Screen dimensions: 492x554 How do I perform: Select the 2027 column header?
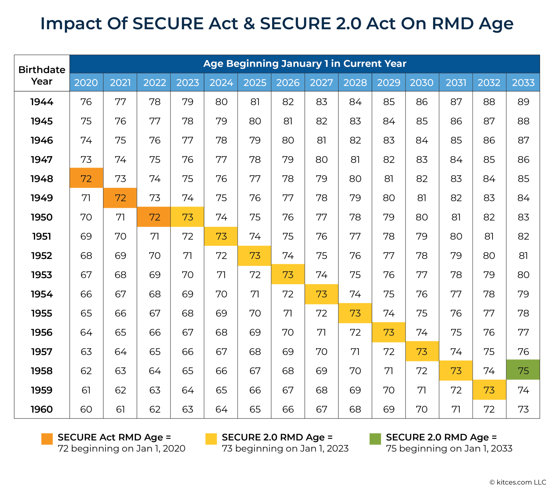point(321,82)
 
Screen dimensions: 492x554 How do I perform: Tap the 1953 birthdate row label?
point(41,275)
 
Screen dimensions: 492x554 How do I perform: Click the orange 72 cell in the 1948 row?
point(86,178)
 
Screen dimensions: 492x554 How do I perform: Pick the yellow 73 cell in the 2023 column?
point(187,217)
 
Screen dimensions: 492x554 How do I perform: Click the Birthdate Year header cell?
point(42,75)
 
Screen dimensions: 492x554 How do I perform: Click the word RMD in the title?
point(453,23)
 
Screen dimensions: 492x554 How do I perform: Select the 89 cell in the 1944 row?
point(523,102)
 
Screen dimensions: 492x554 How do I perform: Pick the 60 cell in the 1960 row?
point(86,409)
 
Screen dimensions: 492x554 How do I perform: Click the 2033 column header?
point(523,82)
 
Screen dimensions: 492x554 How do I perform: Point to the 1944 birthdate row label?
point(42,102)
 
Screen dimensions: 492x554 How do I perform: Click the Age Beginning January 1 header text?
point(305,64)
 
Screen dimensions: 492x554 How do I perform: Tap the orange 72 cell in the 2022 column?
point(154,217)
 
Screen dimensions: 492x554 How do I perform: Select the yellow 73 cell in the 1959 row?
point(489,390)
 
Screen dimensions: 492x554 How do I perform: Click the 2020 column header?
point(86,82)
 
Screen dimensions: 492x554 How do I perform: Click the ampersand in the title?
point(249,23)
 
